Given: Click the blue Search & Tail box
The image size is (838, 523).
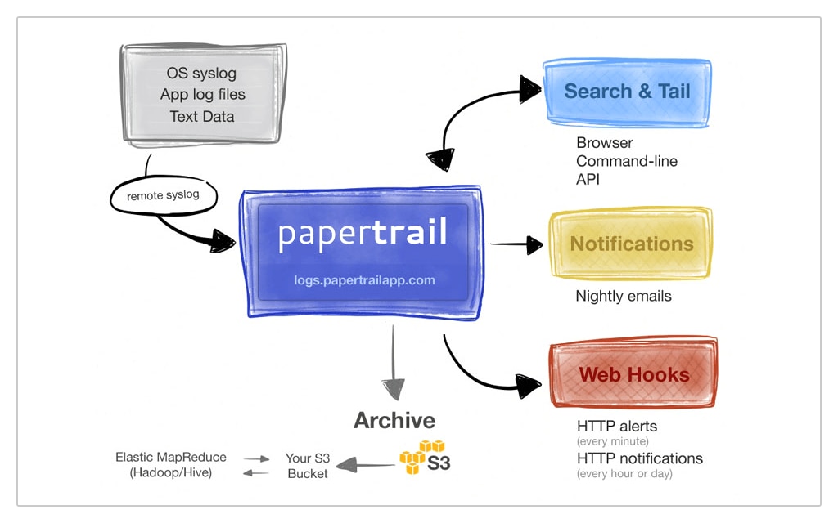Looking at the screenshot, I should click(x=628, y=92).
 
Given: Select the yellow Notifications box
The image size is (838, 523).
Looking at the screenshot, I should click(x=631, y=244).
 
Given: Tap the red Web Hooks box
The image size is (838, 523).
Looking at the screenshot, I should click(x=634, y=375).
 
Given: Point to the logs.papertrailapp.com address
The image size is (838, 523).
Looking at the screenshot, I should click(x=364, y=280).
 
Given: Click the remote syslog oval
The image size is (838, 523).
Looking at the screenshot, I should click(x=166, y=196).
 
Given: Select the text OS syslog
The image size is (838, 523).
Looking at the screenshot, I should click(x=201, y=74).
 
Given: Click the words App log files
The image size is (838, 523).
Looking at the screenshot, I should click(x=202, y=95).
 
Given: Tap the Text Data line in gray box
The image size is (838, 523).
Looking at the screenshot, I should click(x=202, y=116).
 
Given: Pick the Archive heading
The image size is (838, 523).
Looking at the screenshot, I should click(x=394, y=421).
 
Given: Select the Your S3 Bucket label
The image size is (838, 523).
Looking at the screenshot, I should click(x=308, y=466).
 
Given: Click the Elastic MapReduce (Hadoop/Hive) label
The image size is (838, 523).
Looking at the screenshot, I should click(x=171, y=466).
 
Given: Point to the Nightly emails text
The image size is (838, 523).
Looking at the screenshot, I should click(x=624, y=296).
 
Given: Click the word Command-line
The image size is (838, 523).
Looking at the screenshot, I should click(x=627, y=161).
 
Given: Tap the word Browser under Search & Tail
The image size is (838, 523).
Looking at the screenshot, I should click(x=605, y=143).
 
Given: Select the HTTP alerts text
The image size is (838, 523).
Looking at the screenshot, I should click(x=617, y=426).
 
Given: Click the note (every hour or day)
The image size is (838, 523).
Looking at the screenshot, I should click(x=625, y=474).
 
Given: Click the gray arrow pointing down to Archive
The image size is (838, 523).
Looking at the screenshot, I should click(x=394, y=360).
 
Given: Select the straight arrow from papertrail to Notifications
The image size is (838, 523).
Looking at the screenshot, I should click(x=517, y=244).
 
